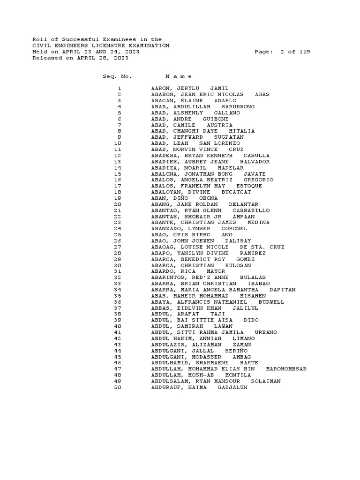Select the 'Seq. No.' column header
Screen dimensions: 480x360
[x=117, y=76]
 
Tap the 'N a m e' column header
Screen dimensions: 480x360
[x=178, y=76]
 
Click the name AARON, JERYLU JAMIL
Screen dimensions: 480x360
[x=190, y=89]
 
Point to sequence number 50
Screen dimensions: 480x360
[x=117, y=388]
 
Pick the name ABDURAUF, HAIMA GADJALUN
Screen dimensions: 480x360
[x=199, y=388]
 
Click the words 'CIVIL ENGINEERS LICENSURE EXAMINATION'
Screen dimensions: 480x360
[x=101, y=46]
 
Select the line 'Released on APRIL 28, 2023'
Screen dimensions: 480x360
[x=80, y=58]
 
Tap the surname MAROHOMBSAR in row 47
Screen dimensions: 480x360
[x=286, y=369]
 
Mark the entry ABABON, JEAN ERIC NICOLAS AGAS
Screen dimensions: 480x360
[x=210, y=95]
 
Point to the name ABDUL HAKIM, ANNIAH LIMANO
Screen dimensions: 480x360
[x=203, y=339]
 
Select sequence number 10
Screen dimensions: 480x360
[x=117, y=143]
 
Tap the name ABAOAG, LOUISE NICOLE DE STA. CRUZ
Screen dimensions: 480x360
[x=217, y=247]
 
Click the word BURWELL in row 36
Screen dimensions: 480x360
[x=271, y=302]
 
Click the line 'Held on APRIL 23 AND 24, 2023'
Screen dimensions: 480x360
[x=85, y=52]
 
